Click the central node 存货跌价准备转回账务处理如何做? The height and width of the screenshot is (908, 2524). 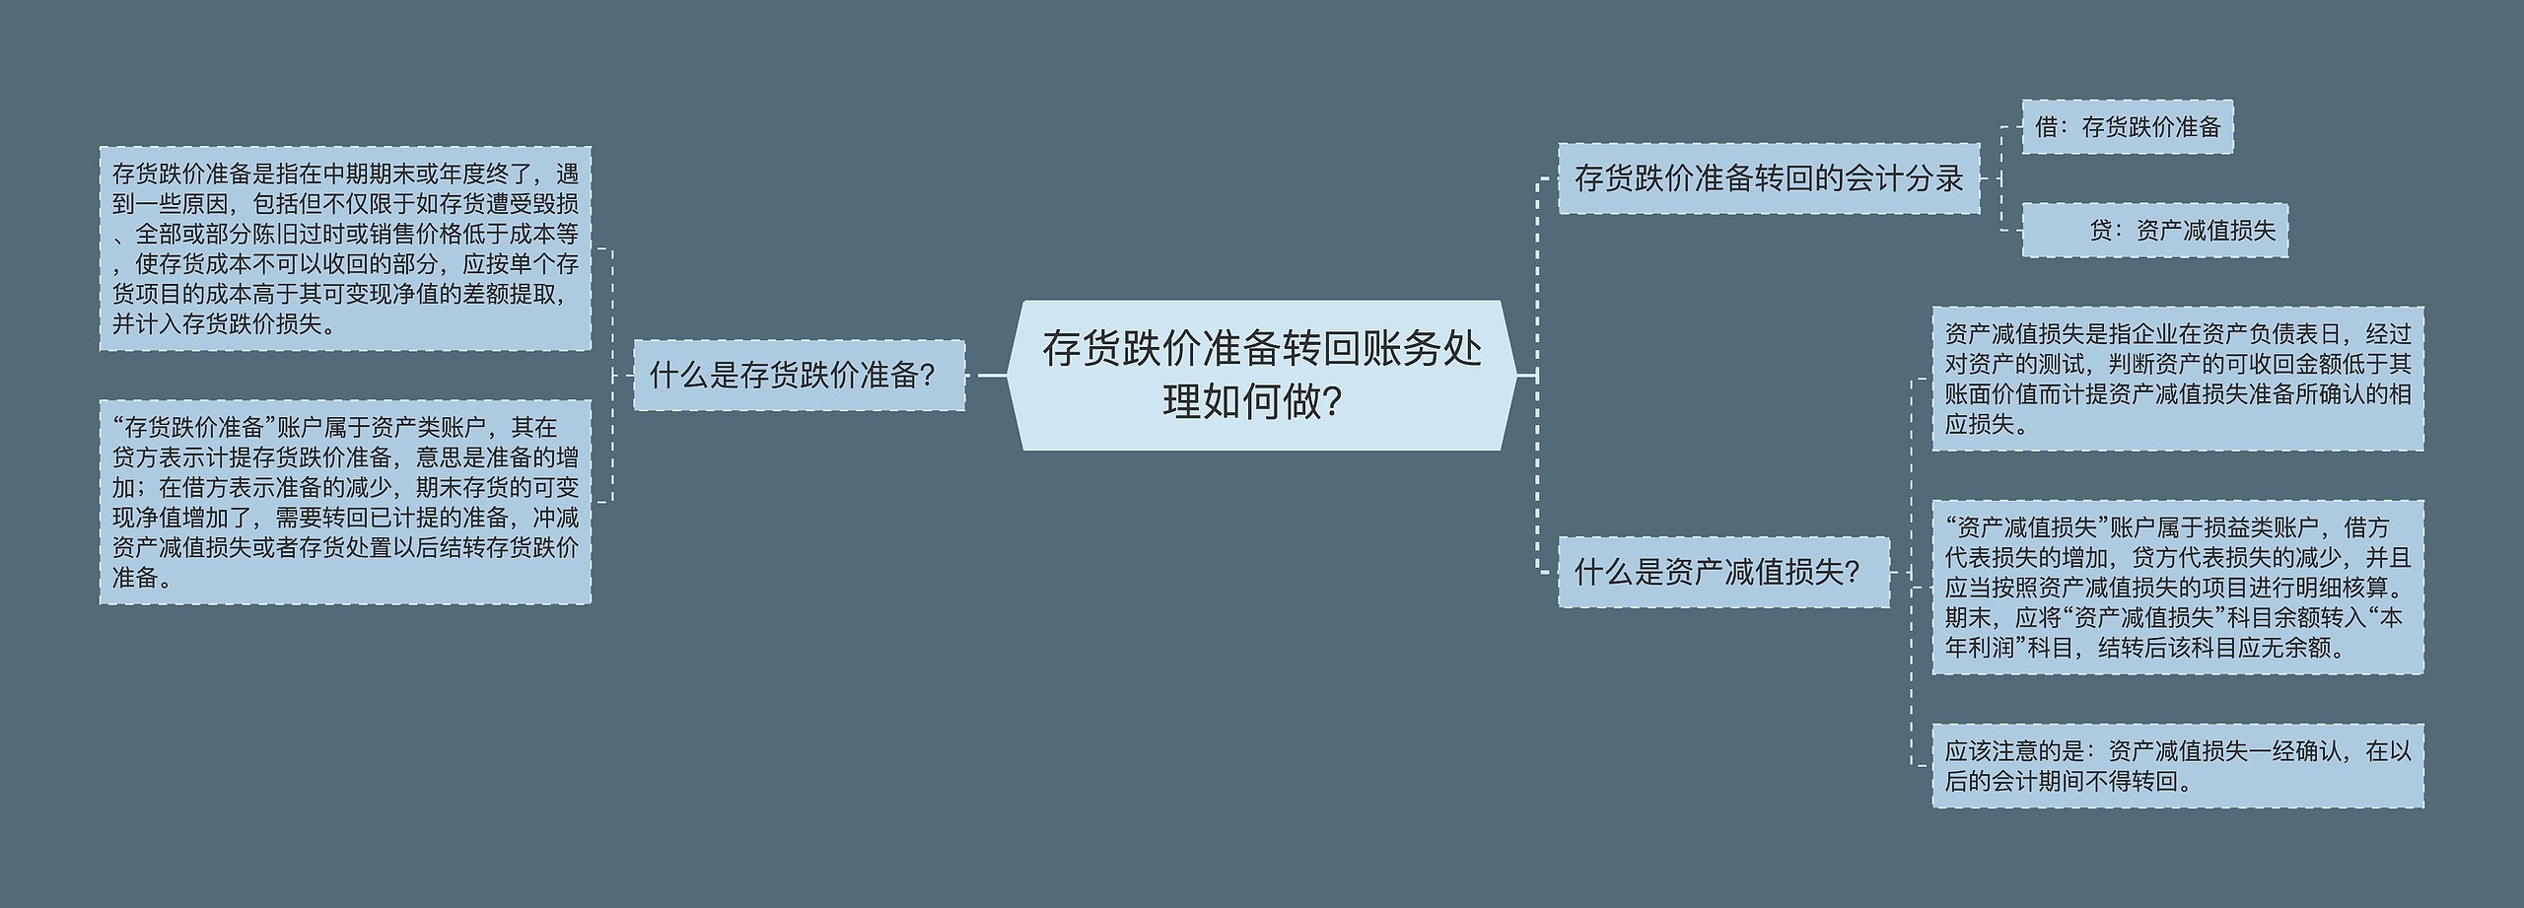pyautogui.click(x=1261, y=376)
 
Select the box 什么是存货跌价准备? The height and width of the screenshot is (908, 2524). pyautogui.click(x=799, y=376)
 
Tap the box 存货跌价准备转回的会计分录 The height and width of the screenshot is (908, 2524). pyautogui.click(x=1768, y=178)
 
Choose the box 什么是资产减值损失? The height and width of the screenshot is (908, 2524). pyautogui.click(x=1723, y=572)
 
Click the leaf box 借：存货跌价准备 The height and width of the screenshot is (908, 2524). pyautogui.click(x=2127, y=127)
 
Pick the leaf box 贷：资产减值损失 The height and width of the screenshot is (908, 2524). pyautogui.click(x=2154, y=231)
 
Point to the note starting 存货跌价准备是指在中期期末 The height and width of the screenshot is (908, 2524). pyautogui.click(x=345, y=248)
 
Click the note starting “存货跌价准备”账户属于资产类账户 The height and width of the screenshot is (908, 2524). pyautogui.click(x=345, y=502)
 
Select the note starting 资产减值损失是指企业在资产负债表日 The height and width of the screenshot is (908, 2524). pyautogui.click(x=2177, y=380)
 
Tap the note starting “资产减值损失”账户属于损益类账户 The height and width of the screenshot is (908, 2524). pyautogui.click(x=2177, y=588)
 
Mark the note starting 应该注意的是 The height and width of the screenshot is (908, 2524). pyautogui.click(x=2177, y=766)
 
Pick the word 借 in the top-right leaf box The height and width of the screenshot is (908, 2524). pyautogui.click(x=2046, y=127)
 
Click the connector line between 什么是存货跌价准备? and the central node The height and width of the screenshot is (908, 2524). pyautogui.click(x=987, y=376)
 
